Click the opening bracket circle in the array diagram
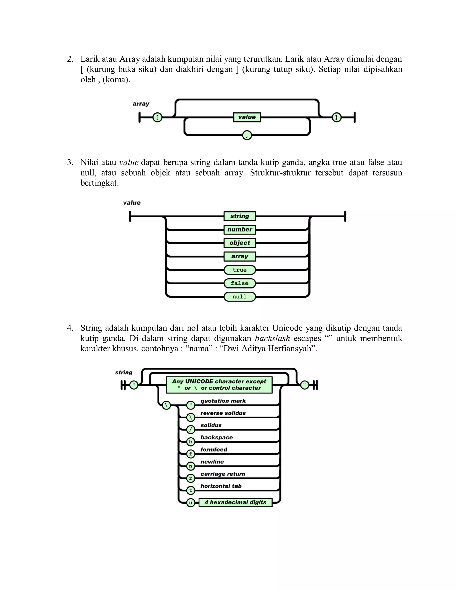(157, 118)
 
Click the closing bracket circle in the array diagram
(336, 118)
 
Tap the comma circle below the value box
(247, 135)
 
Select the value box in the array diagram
(247, 117)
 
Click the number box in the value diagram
(240, 230)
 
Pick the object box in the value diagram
(240, 243)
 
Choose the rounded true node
(240, 270)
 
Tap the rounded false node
(240, 283)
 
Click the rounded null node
(240, 297)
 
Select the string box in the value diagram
(240, 216)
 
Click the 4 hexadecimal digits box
(235, 503)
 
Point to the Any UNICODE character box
(219, 385)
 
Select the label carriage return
(223, 474)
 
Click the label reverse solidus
(223, 413)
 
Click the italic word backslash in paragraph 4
(272, 338)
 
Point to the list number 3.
(70, 162)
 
